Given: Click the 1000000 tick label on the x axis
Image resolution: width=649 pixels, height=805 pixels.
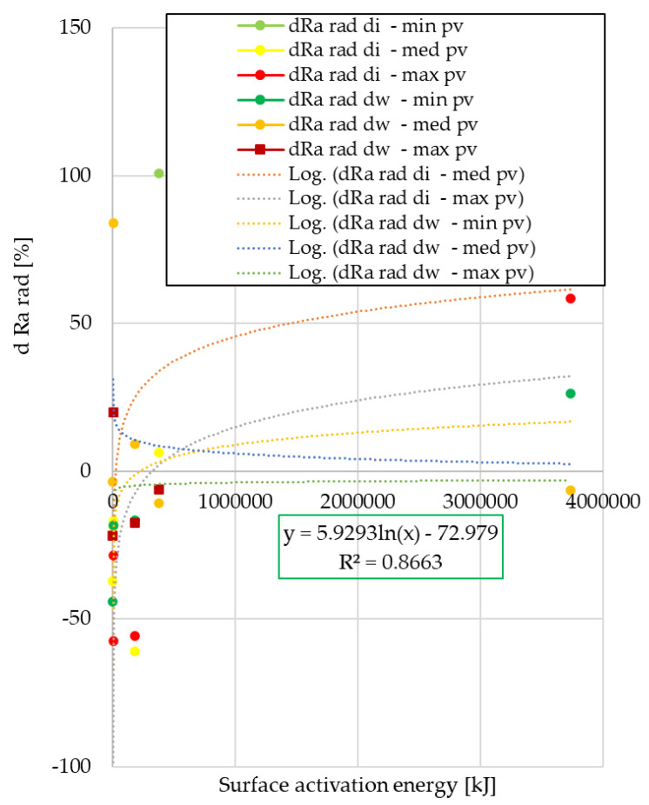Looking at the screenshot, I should (x=234, y=502).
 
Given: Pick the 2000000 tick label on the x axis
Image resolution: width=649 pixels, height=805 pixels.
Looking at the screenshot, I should (x=357, y=502).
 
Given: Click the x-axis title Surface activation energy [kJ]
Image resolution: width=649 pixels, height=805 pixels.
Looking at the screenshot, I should (x=357, y=786).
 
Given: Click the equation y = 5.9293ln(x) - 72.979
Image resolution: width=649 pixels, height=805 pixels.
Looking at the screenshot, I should (x=391, y=534).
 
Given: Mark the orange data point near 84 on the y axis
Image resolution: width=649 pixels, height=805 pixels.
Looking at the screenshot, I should (x=113, y=223).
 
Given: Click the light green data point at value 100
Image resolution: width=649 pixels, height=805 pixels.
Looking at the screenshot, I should (x=159, y=174).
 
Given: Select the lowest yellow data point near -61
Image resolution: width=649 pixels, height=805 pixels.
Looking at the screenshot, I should (x=135, y=651).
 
